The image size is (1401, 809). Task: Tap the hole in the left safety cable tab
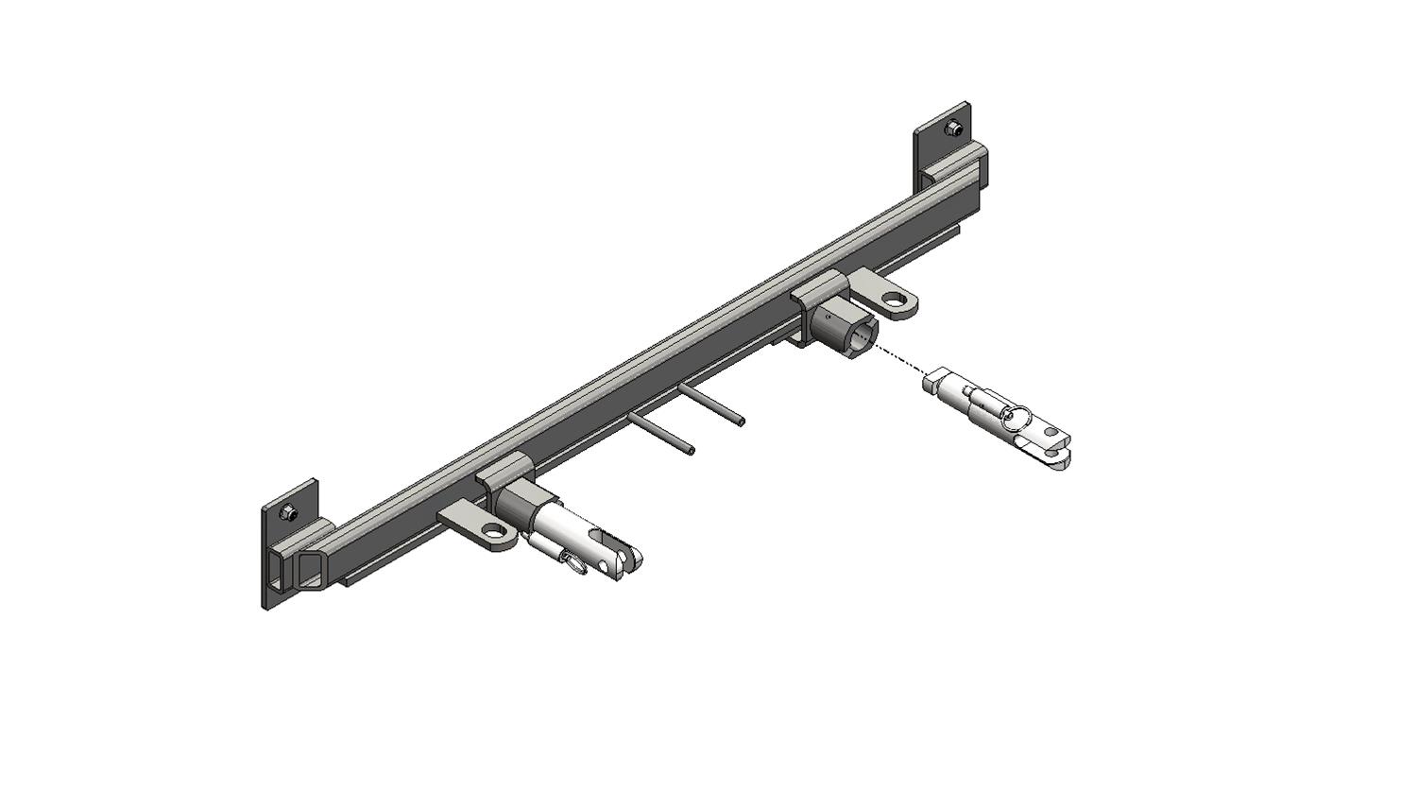496,530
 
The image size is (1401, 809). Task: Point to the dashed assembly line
899,360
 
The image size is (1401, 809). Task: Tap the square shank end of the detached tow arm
931,382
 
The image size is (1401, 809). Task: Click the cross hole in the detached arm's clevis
1049,434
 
